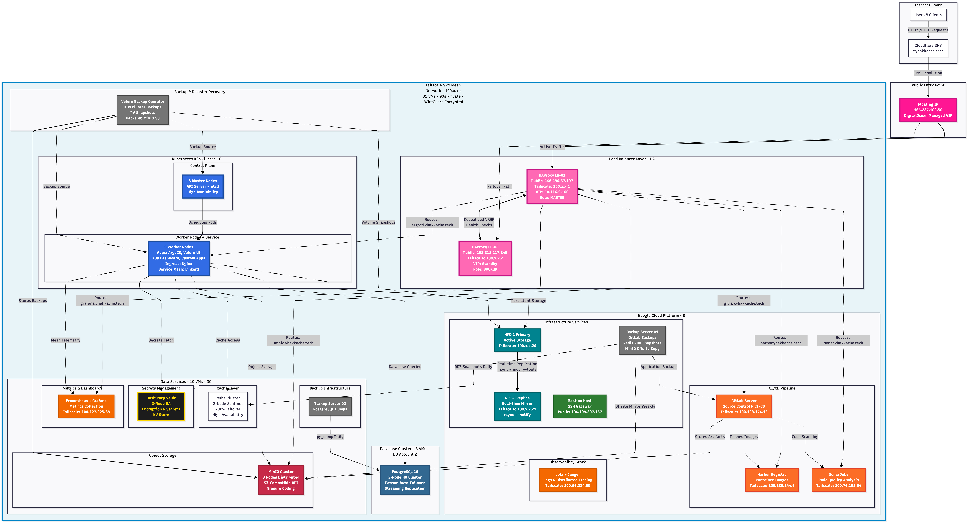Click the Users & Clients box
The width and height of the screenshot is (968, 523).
pos(928,15)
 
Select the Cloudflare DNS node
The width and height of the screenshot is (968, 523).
pos(928,48)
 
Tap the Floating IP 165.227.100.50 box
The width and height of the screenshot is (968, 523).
pos(928,110)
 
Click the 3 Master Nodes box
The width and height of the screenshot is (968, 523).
pos(203,186)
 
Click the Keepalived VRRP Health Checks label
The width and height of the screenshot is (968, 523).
pos(479,222)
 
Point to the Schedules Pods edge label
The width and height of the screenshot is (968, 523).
pos(203,222)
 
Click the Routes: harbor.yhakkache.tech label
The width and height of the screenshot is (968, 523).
pos(780,340)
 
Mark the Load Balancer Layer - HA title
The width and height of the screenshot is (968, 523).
pos(631,159)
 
